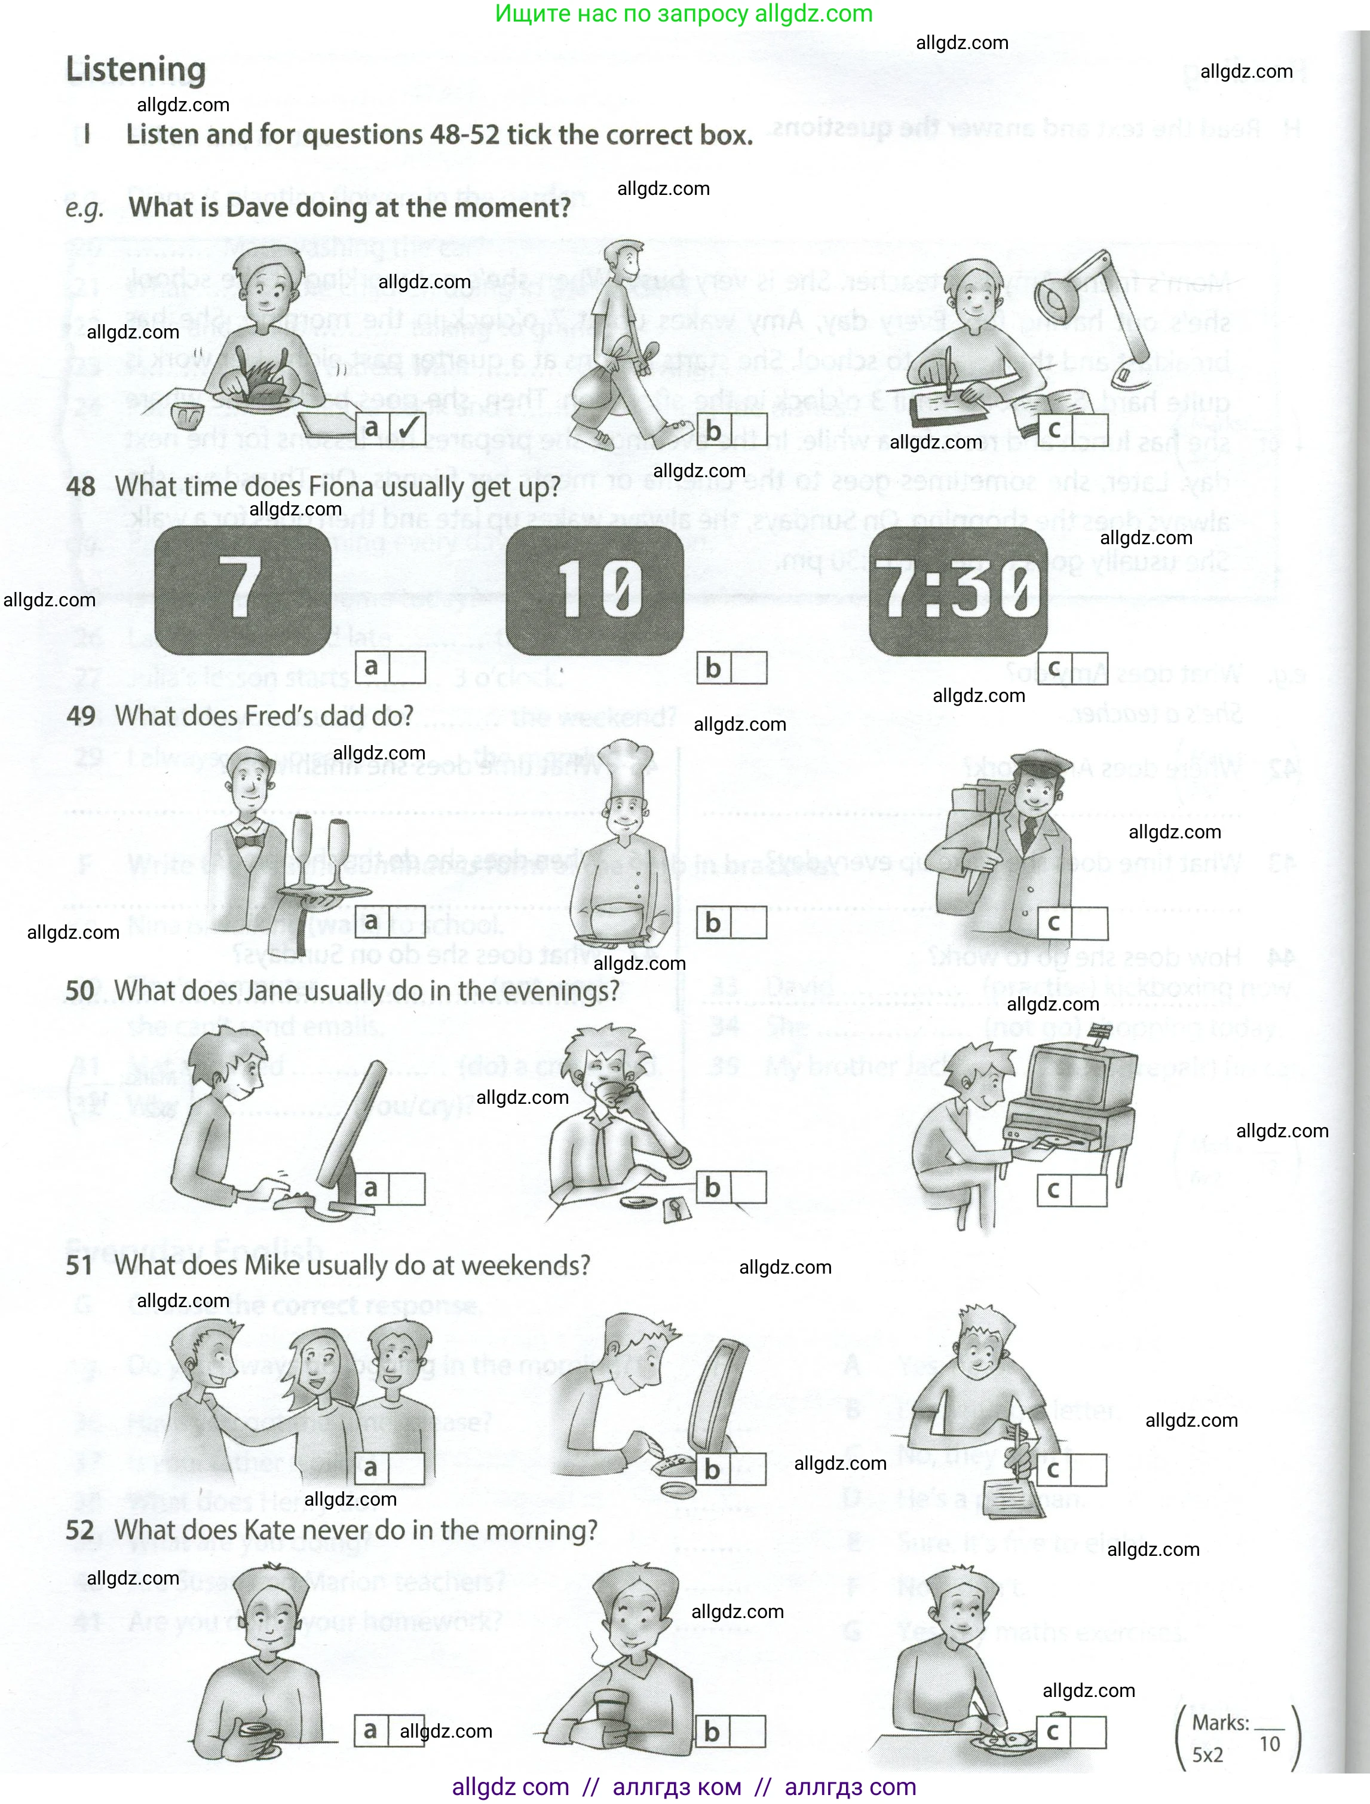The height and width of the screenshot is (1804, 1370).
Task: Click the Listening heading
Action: [x=136, y=70]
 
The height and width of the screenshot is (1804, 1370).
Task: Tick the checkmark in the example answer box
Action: [x=407, y=428]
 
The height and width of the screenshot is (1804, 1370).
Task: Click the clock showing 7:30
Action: [x=958, y=590]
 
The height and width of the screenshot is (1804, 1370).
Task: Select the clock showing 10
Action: [x=594, y=590]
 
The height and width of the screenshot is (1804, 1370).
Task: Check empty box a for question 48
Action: [x=407, y=667]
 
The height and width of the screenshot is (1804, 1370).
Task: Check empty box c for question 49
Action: [x=1089, y=923]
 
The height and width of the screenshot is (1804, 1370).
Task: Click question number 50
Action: [x=80, y=991]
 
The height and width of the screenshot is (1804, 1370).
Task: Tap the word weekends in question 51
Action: [x=538, y=1265]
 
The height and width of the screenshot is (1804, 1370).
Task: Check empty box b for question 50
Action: [x=749, y=1188]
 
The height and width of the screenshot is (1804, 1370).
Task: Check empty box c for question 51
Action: [x=1089, y=1470]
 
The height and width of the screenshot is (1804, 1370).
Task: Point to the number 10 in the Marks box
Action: [x=1269, y=1744]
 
